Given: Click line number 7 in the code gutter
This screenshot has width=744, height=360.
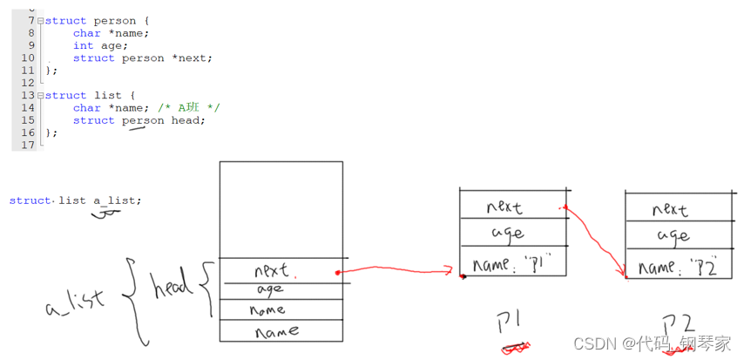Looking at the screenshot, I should (x=30, y=20).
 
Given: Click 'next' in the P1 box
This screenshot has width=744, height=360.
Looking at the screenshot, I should (x=504, y=207).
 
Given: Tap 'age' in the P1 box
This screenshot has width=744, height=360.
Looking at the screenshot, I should (x=507, y=234).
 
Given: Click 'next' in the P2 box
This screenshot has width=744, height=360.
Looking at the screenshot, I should (x=669, y=209).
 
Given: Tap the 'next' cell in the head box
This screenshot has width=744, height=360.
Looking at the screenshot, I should (x=272, y=270).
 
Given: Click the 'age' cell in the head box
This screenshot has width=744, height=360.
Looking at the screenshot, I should (x=270, y=289).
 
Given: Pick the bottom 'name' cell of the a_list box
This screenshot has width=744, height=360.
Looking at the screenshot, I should (x=277, y=331).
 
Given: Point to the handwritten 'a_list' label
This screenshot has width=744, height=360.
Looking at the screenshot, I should (x=76, y=302).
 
